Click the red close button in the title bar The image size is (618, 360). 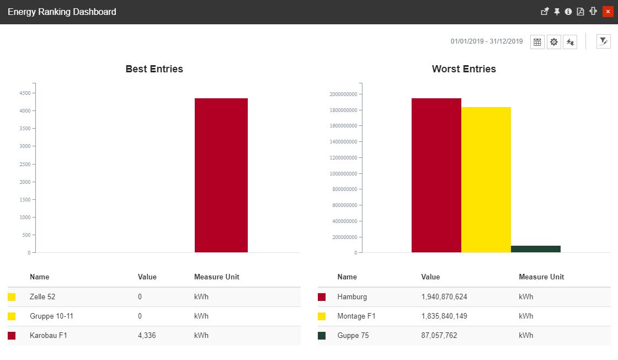(608, 12)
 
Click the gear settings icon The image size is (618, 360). (553, 42)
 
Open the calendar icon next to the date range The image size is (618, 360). (537, 42)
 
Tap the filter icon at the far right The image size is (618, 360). (604, 41)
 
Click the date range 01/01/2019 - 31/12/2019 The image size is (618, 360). (486, 41)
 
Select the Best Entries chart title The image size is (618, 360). (154, 69)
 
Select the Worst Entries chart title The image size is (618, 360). (464, 69)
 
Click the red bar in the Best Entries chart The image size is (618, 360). (221, 175)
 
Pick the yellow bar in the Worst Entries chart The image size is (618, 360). (486, 179)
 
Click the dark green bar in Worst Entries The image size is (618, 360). (535, 249)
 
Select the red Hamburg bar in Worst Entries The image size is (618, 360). (436, 175)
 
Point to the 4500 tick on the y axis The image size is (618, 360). (25, 93)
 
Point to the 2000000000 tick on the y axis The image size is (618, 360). (343, 94)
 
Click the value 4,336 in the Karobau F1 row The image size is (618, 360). (147, 336)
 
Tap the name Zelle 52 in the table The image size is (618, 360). (42, 297)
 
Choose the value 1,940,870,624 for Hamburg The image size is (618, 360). (444, 297)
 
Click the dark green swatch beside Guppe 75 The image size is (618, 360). (322, 336)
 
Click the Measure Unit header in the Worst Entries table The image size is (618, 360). (541, 277)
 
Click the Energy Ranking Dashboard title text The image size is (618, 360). (62, 12)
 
